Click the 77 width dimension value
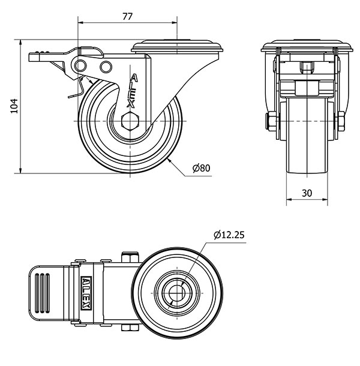click(127, 16)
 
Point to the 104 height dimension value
click(14, 106)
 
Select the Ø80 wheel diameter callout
click(201, 168)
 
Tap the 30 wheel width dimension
click(307, 193)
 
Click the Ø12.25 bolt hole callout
click(229, 235)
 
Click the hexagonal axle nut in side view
click(130, 121)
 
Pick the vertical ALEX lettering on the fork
click(132, 91)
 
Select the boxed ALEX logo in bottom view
click(86, 293)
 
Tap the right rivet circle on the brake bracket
click(106, 67)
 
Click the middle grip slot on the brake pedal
click(42, 293)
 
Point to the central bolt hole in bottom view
click(177, 293)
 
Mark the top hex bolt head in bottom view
click(130, 257)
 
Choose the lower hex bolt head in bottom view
click(130, 328)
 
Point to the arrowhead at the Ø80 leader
click(169, 161)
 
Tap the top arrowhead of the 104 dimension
click(21, 42)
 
